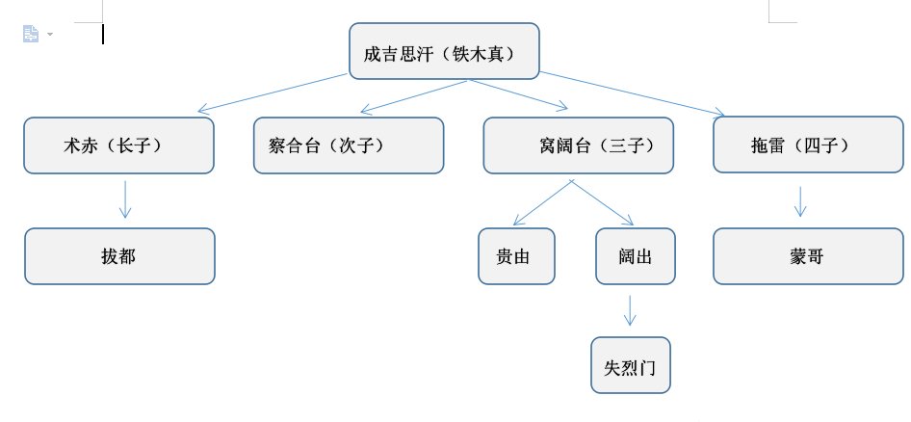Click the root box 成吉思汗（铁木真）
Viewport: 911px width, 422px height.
point(444,50)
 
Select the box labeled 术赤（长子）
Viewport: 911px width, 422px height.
point(118,145)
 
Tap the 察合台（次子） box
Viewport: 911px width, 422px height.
point(349,145)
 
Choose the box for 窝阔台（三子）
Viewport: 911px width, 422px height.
point(579,145)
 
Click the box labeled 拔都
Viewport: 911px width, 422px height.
point(119,256)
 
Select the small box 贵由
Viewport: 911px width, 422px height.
point(517,256)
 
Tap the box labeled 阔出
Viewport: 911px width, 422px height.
point(636,256)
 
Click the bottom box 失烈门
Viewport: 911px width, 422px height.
point(630,365)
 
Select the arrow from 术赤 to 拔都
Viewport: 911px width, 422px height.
point(124,199)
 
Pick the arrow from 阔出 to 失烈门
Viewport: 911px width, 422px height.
point(630,310)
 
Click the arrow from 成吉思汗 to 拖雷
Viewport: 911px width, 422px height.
point(631,94)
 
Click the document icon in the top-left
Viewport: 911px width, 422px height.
point(31,34)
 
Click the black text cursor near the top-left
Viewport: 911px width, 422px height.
point(103,34)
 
